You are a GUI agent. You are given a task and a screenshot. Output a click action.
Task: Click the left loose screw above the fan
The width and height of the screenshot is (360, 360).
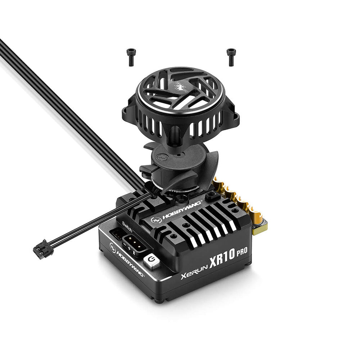pyautogui.click(x=131, y=57)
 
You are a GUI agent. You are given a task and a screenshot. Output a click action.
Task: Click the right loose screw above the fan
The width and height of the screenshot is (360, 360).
pyautogui.click(x=231, y=57)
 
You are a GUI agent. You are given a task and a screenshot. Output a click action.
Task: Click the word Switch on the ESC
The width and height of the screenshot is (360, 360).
pyautogui.click(x=127, y=227)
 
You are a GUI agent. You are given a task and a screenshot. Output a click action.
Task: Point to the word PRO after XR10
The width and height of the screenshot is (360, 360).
pyautogui.click(x=242, y=252)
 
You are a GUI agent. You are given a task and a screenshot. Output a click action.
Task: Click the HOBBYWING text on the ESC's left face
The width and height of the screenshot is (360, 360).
pyautogui.click(x=130, y=264)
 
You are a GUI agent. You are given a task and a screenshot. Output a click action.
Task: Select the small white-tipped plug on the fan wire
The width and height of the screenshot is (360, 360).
pyautogui.click(x=43, y=249)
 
